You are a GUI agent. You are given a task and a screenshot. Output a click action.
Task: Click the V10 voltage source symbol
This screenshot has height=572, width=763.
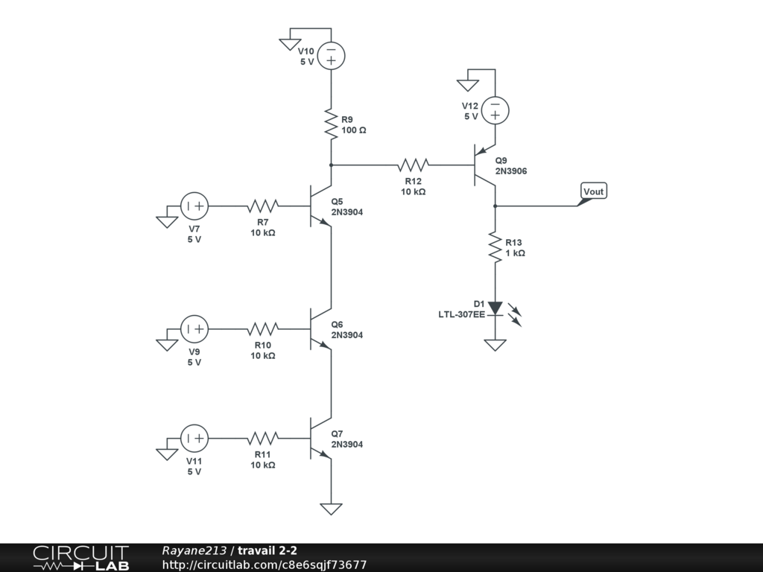(331, 55)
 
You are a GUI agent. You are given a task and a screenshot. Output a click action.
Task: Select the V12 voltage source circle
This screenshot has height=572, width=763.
(495, 110)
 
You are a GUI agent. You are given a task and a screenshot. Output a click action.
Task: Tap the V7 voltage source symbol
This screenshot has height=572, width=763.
(194, 206)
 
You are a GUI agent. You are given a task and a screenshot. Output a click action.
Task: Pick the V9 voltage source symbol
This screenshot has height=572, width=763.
(194, 328)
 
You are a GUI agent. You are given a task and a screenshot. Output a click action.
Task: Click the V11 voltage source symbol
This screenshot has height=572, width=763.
(194, 438)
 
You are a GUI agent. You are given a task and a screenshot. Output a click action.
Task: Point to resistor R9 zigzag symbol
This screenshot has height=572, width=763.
(331, 124)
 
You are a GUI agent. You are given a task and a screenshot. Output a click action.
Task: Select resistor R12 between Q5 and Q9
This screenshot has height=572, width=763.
(413, 165)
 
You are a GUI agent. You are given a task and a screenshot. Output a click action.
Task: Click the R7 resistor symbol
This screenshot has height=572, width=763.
(262, 206)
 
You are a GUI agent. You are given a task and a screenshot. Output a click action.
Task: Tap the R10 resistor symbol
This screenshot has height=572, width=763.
(262, 328)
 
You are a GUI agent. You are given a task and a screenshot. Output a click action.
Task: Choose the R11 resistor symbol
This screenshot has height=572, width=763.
(262, 438)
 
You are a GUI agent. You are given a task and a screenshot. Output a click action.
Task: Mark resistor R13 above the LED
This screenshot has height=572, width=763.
(495, 247)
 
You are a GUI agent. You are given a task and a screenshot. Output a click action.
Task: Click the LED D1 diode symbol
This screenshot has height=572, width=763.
(495, 308)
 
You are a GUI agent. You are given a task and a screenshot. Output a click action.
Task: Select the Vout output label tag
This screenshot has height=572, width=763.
(593, 191)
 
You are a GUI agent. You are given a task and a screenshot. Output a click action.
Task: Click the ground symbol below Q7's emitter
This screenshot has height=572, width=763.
(331, 509)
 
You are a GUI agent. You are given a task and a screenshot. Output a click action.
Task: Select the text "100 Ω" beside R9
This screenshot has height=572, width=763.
(354, 130)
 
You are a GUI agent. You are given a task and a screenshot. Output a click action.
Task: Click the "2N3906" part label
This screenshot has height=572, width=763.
(511, 171)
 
